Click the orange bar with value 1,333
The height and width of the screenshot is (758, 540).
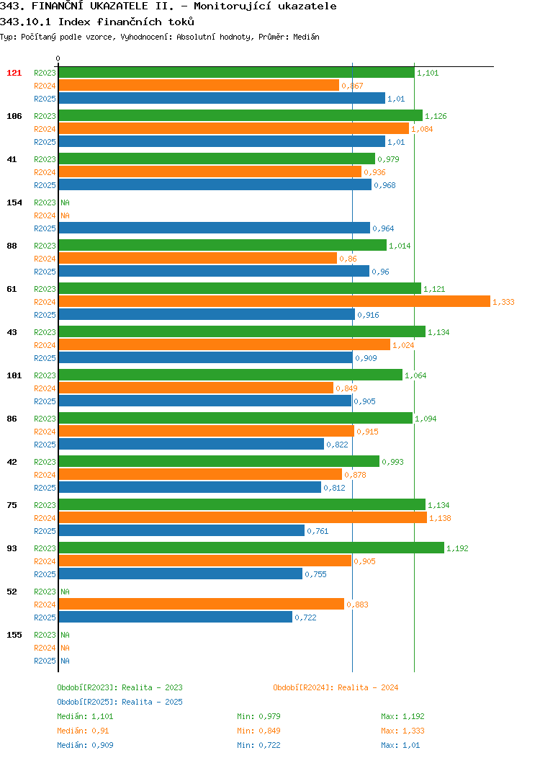click(x=274, y=301)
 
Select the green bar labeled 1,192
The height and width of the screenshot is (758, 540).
click(x=252, y=548)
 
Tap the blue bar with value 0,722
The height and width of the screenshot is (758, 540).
click(x=176, y=617)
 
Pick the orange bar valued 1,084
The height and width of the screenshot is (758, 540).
click(x=234, y=128)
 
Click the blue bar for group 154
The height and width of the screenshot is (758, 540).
click(x=215, y=228)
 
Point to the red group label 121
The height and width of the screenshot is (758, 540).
click(x=14, y=73)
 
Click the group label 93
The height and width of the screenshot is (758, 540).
click(x=12, y=548)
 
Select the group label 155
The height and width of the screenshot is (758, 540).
click(x=14, y=635)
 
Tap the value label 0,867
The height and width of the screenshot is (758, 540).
click(x=352, y=86)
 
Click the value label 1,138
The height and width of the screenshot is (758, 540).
click(x=440, y=518)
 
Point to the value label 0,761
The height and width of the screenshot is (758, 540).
click(x=318, y=531)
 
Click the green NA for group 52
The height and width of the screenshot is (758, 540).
click(x=65, y=592)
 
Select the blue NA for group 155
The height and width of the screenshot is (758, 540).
click(x=65, y=661)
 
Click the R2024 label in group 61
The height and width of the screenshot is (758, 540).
click(x=45, y=302)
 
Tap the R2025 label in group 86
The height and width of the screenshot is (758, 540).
click(x=45, y=445)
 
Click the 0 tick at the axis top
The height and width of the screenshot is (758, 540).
click(x=58, y=58)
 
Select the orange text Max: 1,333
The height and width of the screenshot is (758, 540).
click(x=402, y=731)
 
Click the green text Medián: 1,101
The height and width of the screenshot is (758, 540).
click(x=85, y=716)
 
